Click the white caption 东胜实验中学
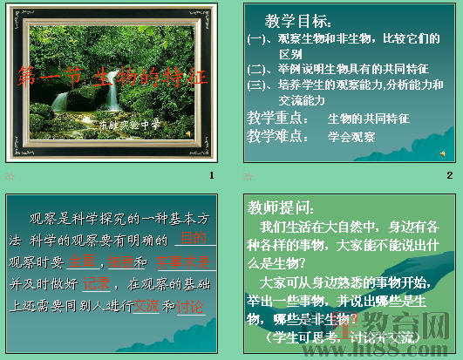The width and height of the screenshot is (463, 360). click(130, 125)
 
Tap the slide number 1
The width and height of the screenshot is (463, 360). click(211, 175)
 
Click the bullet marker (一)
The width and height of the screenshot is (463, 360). click(257, 38)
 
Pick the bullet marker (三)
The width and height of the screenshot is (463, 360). click(257, 85)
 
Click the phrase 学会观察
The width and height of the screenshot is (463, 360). click(351, 137)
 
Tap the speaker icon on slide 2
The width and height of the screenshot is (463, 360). click(444, 153)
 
